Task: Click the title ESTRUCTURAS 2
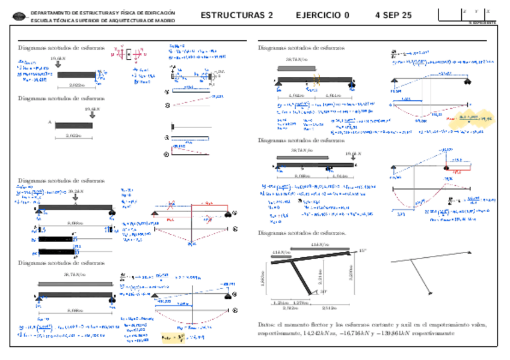pyautogui.click(x=236, y=16)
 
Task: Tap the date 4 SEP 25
pyautogui.click(x=393, y=16)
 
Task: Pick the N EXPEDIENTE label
pyautogui.click(x=482, y=22)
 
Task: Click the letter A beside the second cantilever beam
pyautogui.click(x=50, y=122)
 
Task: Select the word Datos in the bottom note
pyautogui.click(x=265, y=325)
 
